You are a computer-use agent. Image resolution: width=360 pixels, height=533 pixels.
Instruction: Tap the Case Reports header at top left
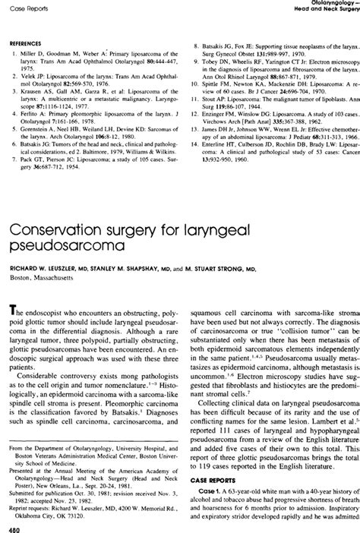(26, 5)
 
